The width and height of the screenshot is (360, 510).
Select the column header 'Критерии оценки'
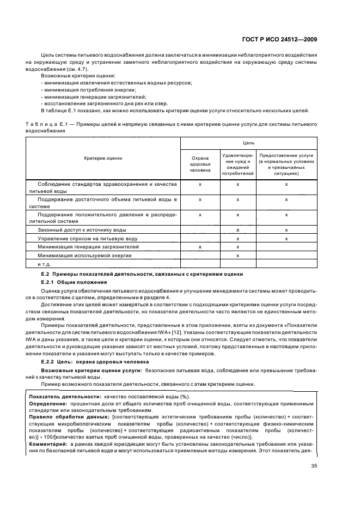coord(103,158)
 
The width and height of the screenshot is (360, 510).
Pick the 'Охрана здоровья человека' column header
coord(199,162)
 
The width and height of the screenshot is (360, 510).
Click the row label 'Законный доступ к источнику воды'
coord(82,230)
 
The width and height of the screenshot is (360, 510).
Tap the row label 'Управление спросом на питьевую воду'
coord(87,239)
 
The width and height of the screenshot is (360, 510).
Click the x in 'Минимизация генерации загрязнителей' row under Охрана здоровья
coord(200,247)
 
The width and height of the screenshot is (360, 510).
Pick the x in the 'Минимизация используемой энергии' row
coord(238,255)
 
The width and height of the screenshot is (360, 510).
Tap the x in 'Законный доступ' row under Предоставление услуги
coord(286,230)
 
